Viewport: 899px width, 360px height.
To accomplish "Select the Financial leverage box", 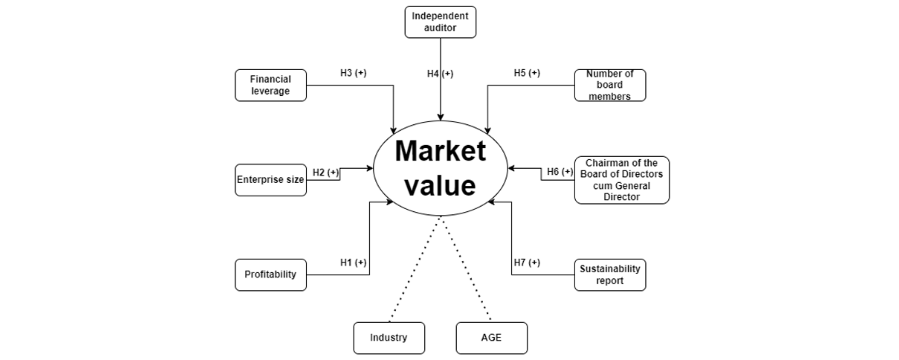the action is pos(270,85).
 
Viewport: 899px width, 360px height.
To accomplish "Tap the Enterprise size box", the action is pos(270,180).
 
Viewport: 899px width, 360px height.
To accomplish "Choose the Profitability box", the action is pos(270,275).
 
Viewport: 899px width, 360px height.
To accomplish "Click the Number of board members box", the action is pos(610,85).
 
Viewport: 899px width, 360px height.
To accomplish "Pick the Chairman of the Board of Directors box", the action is pos(622,180).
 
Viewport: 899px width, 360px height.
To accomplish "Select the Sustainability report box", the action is pos(610,275).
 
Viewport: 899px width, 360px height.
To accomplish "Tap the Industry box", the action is pos(389,338).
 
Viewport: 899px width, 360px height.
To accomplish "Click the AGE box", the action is pos(491,338).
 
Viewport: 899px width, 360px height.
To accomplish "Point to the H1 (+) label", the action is pos(353,263).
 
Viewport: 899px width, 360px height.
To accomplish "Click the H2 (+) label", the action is pos(326,172).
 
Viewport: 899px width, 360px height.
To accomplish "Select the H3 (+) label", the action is pos(353,73).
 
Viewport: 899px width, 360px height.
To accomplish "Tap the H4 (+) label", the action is pos(440,74).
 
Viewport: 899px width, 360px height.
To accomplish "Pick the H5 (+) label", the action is pos(527,73).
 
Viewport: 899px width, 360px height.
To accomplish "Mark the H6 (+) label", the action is pos(560,172).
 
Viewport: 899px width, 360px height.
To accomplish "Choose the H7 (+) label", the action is pos(527,263).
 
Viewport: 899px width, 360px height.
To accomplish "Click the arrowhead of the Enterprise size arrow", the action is pos(370,168).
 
